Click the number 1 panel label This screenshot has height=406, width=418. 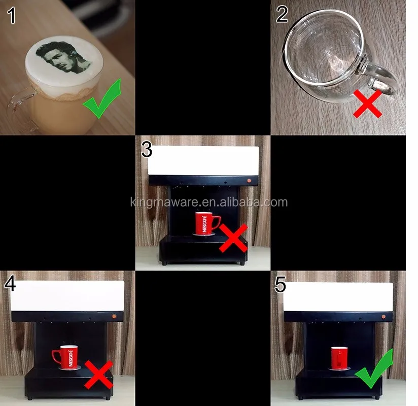click(x=12, y=15)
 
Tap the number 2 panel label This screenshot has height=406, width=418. click(x=282, y=14)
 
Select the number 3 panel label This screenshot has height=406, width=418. click(x=147, y=149)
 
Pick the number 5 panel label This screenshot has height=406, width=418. click(x=280, y=284)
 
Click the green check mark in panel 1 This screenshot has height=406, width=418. click(x=102, y=98)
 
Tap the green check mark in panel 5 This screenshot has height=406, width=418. click(x=374, y=368)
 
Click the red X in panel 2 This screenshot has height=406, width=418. click(x=367, y=104)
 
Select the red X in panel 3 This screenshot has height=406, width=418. click(x=233, y=238)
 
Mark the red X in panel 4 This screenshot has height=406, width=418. click(x=99, y=375)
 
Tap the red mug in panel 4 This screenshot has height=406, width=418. click(x=65, y=357)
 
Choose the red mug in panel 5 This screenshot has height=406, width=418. click(x=340, y=358)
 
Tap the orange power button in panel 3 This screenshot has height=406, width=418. click(x=249, y=181)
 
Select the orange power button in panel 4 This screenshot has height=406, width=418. click(x=114, y=316)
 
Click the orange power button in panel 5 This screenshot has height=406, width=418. click(x=384, y=317)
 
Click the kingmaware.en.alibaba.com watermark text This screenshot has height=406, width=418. click(x=209, y=202)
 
